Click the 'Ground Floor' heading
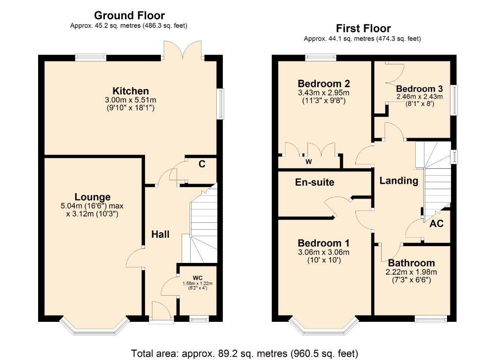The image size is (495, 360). (129, 15)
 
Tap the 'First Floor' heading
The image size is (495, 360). (363, 28)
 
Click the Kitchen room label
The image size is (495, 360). (131, 91)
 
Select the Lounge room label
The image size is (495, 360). (93, 197)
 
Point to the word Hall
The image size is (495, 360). (160, 234)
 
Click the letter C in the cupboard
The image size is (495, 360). (202, 164)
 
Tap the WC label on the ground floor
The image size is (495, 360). (198, 278)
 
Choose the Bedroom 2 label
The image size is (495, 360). (324, 84)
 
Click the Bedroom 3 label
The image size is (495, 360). (419, 89)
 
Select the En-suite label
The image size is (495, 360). (315, 182)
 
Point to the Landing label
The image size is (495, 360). (398, 181)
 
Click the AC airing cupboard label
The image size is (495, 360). (437, 224)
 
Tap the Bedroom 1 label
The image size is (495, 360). (324, 243)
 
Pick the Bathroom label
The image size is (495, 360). (411, 263)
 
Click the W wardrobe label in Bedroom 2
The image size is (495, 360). (309, 162)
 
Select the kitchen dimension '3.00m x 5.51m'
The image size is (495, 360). (131, 100)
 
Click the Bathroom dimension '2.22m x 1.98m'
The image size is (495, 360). (411, 272)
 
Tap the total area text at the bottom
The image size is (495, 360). (245, 353)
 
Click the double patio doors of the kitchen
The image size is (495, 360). (183, 50)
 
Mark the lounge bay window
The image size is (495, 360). (95, 325)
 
